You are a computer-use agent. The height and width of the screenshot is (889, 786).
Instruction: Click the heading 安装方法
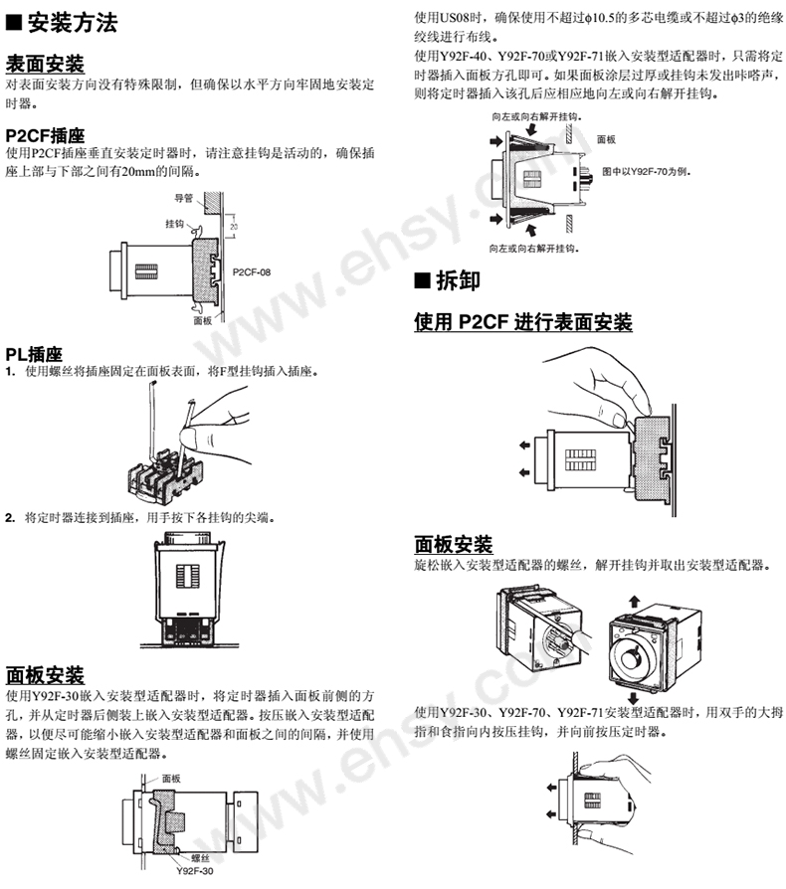[72, 23]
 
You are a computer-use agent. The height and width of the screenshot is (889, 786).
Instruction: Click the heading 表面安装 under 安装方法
[45, 64]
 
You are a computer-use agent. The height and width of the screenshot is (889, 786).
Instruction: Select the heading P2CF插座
[45, 135]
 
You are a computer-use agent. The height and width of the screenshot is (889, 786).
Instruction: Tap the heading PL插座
[34, 354]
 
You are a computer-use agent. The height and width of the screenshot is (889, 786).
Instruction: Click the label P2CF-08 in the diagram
[252, 272]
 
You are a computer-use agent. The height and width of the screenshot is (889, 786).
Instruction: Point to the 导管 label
[184, 198]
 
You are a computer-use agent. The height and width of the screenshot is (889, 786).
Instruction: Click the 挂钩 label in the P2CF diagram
[175, 224]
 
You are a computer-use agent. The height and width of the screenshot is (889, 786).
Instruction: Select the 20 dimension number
[234, 227]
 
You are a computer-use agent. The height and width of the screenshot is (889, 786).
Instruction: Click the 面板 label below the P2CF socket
[202, 321]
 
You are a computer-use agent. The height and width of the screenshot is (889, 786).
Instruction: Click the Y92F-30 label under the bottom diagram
[195, 871]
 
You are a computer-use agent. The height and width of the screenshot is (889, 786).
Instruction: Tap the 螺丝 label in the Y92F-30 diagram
[200, 859]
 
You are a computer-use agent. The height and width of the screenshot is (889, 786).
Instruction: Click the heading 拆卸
[458, 280]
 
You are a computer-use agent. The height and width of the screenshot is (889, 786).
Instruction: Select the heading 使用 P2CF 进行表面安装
[523, 321]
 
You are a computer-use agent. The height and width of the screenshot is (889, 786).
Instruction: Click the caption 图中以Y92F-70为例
[646, 171]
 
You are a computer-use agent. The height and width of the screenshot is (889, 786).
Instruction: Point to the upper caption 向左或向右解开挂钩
[536, 116]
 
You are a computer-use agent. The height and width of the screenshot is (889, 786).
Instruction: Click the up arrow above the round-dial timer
[634, 602]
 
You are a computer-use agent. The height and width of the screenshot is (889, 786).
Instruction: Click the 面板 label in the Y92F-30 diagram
[171, 779]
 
